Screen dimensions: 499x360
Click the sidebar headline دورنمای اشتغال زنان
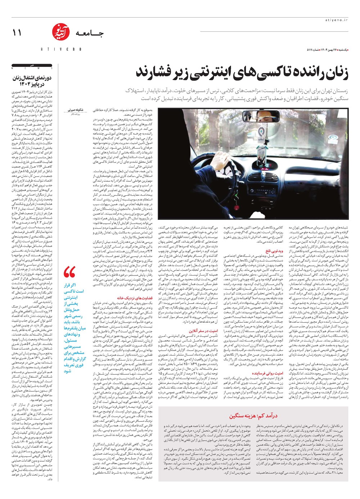[33, 81]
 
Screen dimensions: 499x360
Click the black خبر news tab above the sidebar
[32, 67]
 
